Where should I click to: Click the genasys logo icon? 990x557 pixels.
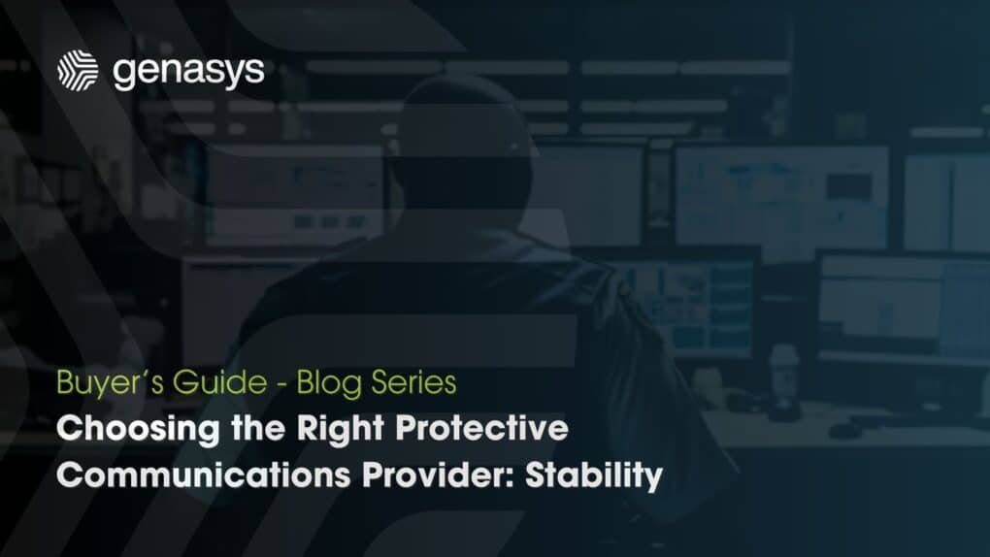pos(79,71)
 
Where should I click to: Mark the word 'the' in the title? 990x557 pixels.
pos(246,430)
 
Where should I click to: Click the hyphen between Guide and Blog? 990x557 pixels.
pos(279,384)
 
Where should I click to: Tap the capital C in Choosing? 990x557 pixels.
pos(68,430)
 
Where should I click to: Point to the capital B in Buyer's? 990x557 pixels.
pos(65,383)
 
